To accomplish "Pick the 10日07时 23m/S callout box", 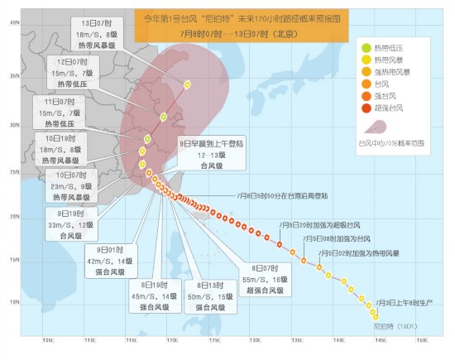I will pos(74,187).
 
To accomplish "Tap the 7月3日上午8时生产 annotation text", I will pos(403,305).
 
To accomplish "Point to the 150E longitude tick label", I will pos(421,341).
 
